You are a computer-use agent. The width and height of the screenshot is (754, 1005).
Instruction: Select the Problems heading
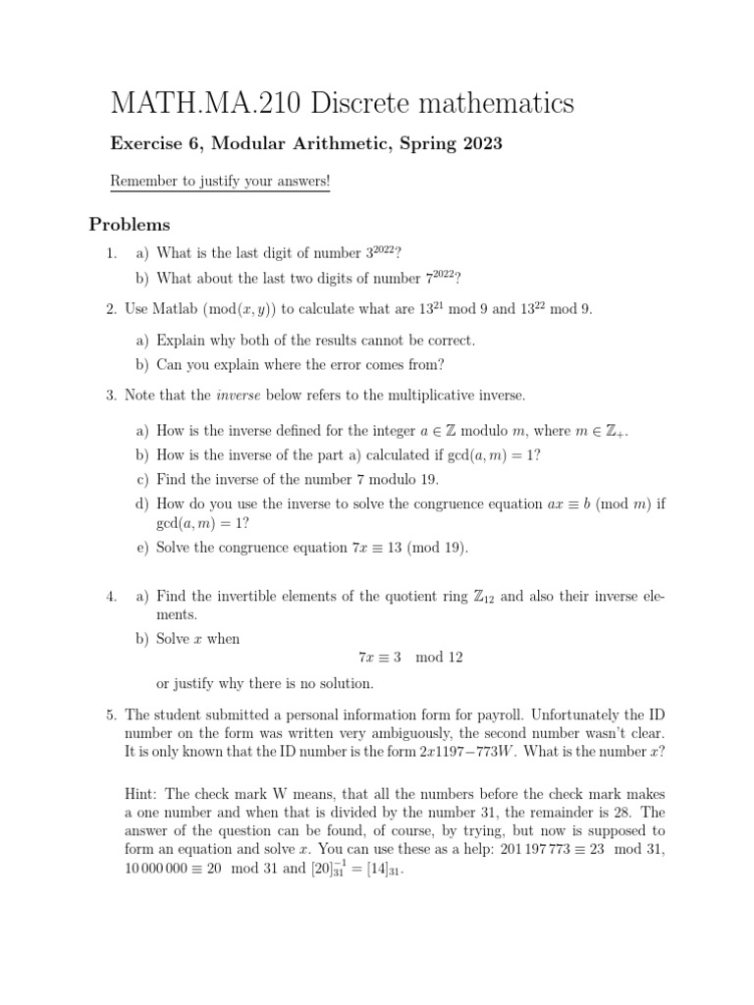130,225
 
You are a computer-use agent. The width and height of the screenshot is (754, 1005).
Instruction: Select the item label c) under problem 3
143,480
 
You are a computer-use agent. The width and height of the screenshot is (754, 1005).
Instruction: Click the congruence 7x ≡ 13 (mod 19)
408,548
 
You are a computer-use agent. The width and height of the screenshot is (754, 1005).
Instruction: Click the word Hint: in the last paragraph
144,794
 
